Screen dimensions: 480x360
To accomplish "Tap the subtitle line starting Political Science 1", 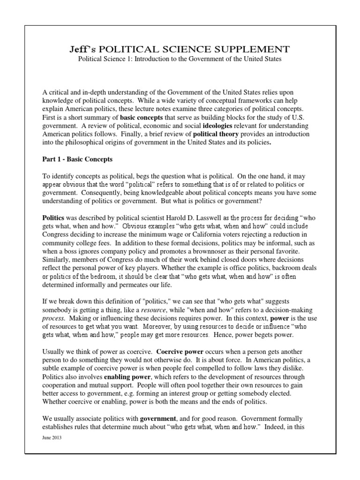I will (x=180, y=60).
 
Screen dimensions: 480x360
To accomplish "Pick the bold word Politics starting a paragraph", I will (x=54, y=218).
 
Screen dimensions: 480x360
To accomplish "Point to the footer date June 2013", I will (x=52, y=437).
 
